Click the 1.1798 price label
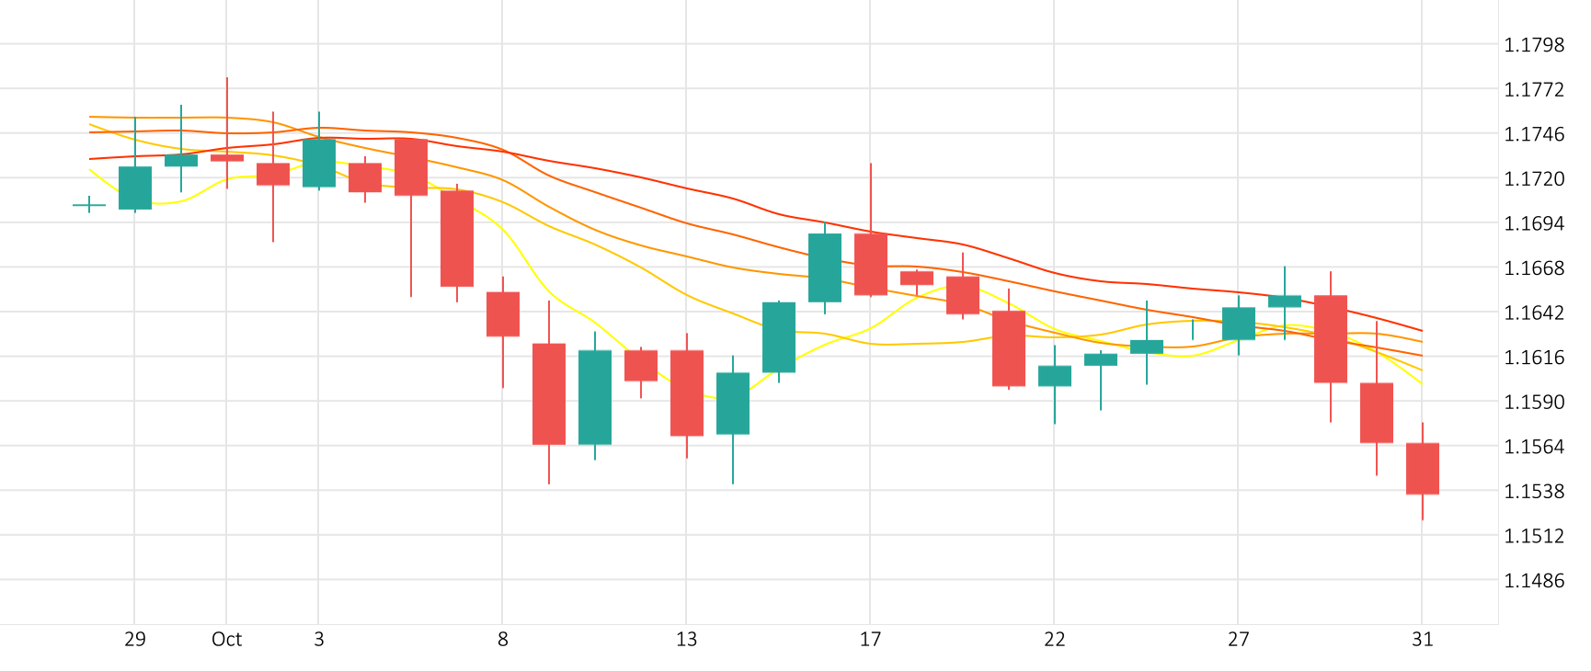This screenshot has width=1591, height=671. [x=1533, y=45]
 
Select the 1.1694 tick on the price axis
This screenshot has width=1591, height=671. [x=1533, y=223]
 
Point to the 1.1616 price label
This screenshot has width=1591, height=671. [x=1533, y=358]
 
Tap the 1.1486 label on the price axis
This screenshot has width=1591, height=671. [x=1533, y=581]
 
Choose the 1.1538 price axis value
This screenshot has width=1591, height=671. [x=1533, y=492]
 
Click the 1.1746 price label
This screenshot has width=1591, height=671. [x=1533, y=134]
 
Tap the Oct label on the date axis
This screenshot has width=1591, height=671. [x=226, y=640]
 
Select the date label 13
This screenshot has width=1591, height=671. [x=686, y=640]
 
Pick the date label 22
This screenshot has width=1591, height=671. [x=1054, y=640]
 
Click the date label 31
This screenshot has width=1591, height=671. [x=1422, y=640]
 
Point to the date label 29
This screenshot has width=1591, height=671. [x=134, y=640]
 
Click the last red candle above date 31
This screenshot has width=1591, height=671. [x=1422, y=469]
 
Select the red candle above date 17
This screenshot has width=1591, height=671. [x=870, y=264]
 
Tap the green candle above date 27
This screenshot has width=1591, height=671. [x=1238, y=324]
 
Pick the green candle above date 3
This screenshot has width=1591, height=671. [x=318, y=163]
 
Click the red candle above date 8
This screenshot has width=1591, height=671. [x=502, y=314]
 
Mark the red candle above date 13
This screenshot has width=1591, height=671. [x=686, y=392]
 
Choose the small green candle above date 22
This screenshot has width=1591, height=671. [x=1054, y=376]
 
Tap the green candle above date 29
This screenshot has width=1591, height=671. [x=134, y=188]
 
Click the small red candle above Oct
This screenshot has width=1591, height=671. [x=226, y=158]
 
